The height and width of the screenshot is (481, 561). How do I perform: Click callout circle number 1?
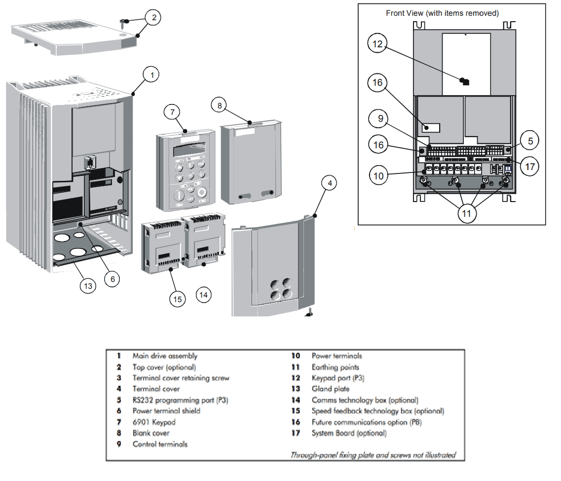(x=152, y=75)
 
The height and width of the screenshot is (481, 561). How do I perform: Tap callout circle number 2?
(x=153, y=18)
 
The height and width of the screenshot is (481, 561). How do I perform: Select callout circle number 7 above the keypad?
(x=172, y=112)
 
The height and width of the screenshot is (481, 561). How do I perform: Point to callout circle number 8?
(x=220, y=105)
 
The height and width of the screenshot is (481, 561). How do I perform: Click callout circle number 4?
(x=330, y=183)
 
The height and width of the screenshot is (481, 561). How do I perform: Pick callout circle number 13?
(x=88, y=286)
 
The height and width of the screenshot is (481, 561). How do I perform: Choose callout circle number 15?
(x=177, y=298)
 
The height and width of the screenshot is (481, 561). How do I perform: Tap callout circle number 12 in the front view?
(x=377, y=44)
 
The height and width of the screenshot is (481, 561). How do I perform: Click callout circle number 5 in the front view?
(x=530, y=141)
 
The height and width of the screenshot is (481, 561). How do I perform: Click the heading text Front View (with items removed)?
(x=442, y=13)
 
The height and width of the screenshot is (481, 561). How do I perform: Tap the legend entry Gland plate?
(x=330, y=389)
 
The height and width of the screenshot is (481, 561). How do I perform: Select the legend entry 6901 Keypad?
(x=154, y=422)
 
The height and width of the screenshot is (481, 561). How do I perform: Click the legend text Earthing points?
(x=335, y=367)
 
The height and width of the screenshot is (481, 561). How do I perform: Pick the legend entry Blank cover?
(x=151, y=433)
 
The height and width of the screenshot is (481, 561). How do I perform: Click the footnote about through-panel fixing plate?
(x=373, y=455)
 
